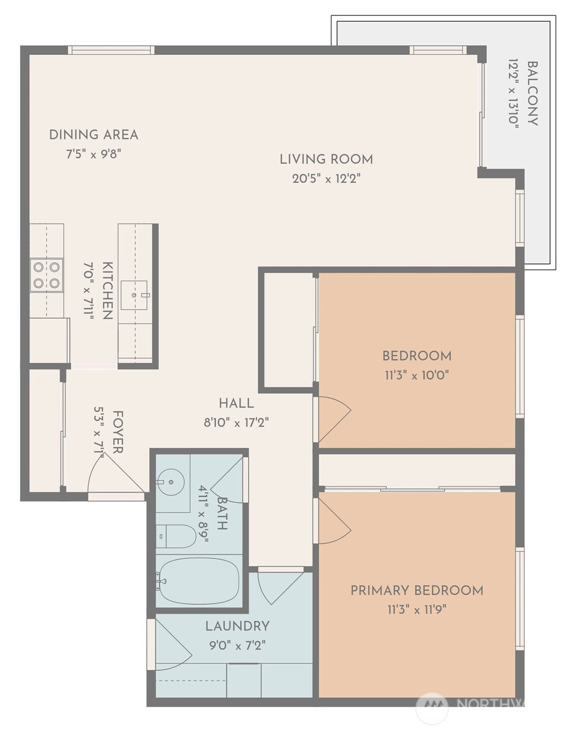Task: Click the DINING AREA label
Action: tap(94, 135)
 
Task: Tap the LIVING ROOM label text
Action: tap(326, 159)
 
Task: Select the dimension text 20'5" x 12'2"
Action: tap(326, 178)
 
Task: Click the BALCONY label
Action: tap(532, 94)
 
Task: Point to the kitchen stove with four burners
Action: tap(46, 275)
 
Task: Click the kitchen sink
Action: tap(134, 295)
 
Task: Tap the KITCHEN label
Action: tap(107, 291)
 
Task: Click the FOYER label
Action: tap(117, 432)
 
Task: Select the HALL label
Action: tap(236, 403)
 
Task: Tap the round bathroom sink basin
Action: tap(171, 482)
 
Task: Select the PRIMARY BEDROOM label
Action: tap(417, 591)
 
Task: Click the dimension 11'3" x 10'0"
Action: tap(417, 375)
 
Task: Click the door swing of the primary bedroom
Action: tap(334, 521)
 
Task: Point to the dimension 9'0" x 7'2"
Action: tap(237, 646)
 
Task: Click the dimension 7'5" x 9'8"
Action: tap(94, 155)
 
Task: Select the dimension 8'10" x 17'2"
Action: tap(236, 422)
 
